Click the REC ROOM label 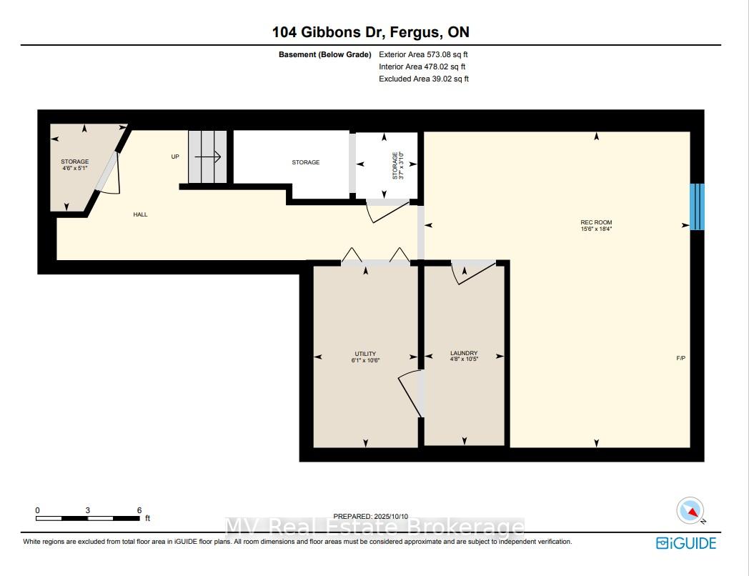(596, 222)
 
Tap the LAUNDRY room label (464, 353)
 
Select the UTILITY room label (365, 354)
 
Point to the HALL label (140, 214)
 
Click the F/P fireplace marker (680, 358)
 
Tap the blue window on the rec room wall (697, 207)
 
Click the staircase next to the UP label (207, 157)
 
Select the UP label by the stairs (175, 157)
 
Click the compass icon (690, 510)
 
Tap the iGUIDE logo (686, 543)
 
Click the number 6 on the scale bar (139, 510)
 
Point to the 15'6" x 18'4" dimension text (596, 229)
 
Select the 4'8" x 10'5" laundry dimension (464, 359)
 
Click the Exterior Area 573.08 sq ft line (423, 54)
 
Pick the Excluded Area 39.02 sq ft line (424, 79)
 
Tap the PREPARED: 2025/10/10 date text (371, 516)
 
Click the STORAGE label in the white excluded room (306, 162)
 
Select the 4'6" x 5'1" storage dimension (75, 168)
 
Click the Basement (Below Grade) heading (324, 54)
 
